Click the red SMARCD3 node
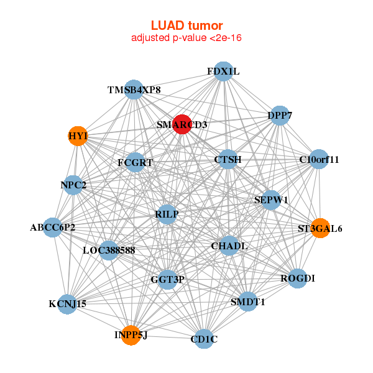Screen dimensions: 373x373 (182, 124)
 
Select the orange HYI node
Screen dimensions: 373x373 (78, 136)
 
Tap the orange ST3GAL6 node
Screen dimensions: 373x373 (320, 228)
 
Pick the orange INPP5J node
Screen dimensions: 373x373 (131, 335)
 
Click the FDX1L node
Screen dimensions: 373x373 (223, 71)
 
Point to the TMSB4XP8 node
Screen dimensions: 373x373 (134, 90)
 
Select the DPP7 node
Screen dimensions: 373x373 (280, 116)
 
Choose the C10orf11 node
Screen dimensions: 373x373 (318, 159)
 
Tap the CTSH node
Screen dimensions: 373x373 (228, 160)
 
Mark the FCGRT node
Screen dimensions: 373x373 (135, 163)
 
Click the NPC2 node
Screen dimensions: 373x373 (73, 185)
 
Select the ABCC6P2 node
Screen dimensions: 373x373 (52, 227)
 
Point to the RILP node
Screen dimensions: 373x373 (167, 214)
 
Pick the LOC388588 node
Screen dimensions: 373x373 (109, 251)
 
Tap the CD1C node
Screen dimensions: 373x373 (204, 339)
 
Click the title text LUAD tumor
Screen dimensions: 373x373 (186, 25)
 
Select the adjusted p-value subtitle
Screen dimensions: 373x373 (186, 38)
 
